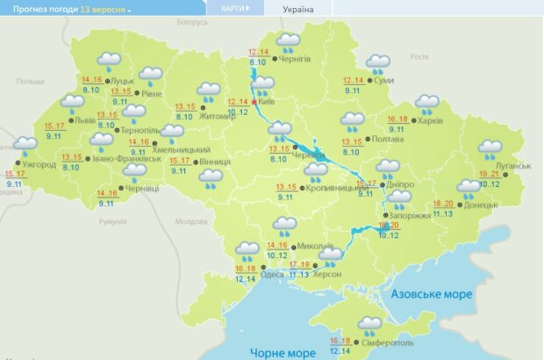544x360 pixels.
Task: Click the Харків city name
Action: click(x=432, y=119)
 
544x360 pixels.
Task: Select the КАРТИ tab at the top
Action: click(x=230, y=8)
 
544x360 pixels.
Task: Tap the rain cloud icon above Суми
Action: click(x=378, y=63)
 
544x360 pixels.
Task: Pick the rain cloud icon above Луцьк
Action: click(x=109, y=61)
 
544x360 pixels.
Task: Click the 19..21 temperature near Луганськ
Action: click(x=490, y=174)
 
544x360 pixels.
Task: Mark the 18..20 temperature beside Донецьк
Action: click(x=443, y=204)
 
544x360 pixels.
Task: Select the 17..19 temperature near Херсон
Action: click(x=299, y=264)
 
